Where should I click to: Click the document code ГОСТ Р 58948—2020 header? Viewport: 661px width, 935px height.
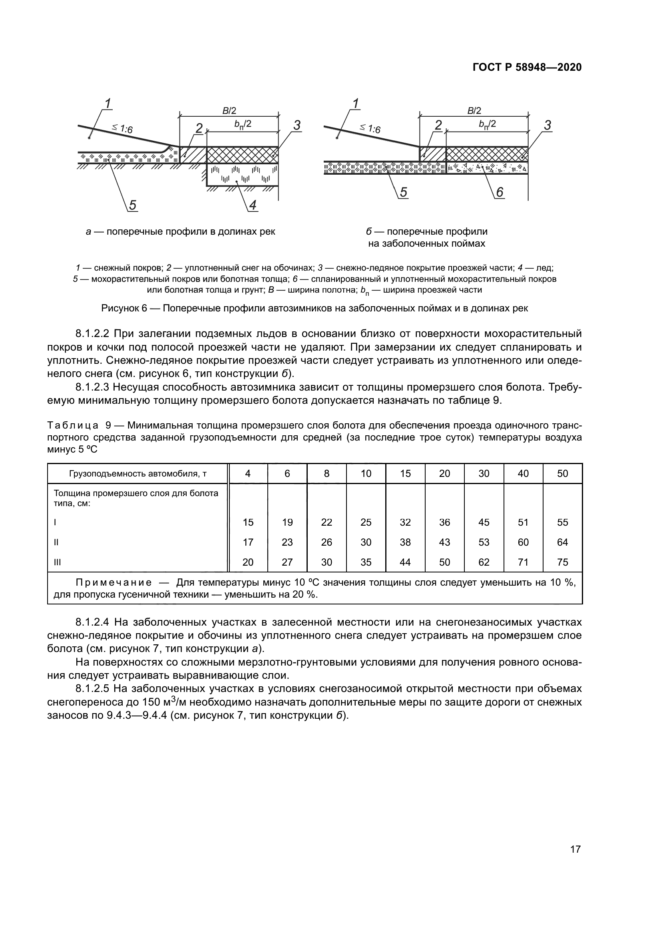coord(527,68)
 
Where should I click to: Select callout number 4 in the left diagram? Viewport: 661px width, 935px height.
coord(253,205)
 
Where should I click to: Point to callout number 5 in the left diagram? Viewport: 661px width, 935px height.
coord(133,205)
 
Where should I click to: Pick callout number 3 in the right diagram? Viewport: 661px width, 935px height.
coord(548,126)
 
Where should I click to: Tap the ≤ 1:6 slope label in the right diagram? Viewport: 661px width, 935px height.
coord(370,129)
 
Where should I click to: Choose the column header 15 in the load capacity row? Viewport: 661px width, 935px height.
coord(405,473)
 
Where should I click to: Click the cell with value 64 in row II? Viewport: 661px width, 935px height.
coord(562,542)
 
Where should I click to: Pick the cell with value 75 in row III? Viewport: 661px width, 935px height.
coord(562,562)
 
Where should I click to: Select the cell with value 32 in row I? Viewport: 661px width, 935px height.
coord(405,522)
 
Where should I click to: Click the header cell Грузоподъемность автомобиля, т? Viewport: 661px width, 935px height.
coord(137,474)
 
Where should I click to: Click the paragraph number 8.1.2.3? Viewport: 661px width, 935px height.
coord(92,387)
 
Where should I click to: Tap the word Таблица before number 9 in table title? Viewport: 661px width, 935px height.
coord(73,426)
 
